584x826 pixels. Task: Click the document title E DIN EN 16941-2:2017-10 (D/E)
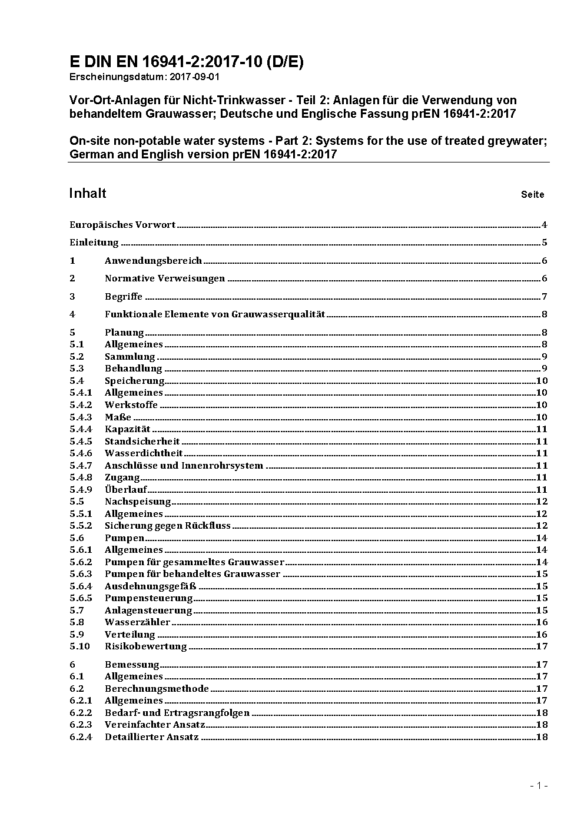point(186,62)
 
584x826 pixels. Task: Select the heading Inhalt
point(88,194)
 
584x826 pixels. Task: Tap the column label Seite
point(532,194)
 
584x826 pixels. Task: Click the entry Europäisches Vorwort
point(122,225)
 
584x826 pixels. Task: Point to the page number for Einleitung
point(545,243)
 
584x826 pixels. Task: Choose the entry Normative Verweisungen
point(165,278)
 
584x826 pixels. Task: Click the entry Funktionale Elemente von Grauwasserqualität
point(215,314)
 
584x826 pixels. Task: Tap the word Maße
point(118,417)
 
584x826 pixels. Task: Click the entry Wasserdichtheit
point(144,453)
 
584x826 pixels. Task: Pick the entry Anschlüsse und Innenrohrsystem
point(184,465)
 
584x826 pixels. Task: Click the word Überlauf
point(125,489)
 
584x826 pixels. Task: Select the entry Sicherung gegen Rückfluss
point(168,526)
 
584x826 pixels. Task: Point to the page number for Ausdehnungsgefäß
point(542,586)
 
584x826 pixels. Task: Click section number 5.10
point(79,646)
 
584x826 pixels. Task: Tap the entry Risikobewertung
point(145,646)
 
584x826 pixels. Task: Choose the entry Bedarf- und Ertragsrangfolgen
point(177,712)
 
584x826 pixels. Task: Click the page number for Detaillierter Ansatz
point(542,737)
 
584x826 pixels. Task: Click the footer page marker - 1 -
point(539,785)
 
